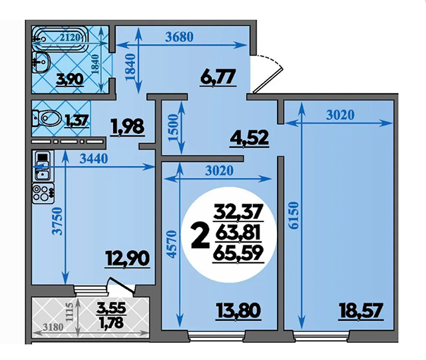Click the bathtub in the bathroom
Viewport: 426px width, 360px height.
[x=61, y=39]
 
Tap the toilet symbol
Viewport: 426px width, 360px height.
[x=47, y=118]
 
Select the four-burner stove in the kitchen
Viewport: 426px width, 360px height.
[x=43, y=193]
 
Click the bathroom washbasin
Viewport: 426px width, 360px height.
[x=41, y=62]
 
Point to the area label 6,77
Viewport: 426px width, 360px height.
[x=218, y=77]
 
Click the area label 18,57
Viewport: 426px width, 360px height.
[x=361, y=311]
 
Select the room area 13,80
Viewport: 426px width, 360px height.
[x=238, y=311]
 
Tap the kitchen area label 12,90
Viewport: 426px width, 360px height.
[x=127, y=258]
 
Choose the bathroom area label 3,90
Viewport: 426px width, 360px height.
[x=70, y=80]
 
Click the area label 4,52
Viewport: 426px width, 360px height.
[x=250, y=138]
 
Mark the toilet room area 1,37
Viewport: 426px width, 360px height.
[x=77, y=120]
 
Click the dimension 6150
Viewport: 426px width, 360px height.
[x=294, y=215]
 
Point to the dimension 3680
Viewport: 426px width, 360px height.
[x=180, y=37]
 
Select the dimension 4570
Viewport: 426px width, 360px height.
[x=172, y=244]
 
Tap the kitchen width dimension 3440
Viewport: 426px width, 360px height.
[x=94, y=158]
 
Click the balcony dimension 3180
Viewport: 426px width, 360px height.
[x=53, y=327]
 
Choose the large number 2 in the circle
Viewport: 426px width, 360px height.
[x=200, y=236]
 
